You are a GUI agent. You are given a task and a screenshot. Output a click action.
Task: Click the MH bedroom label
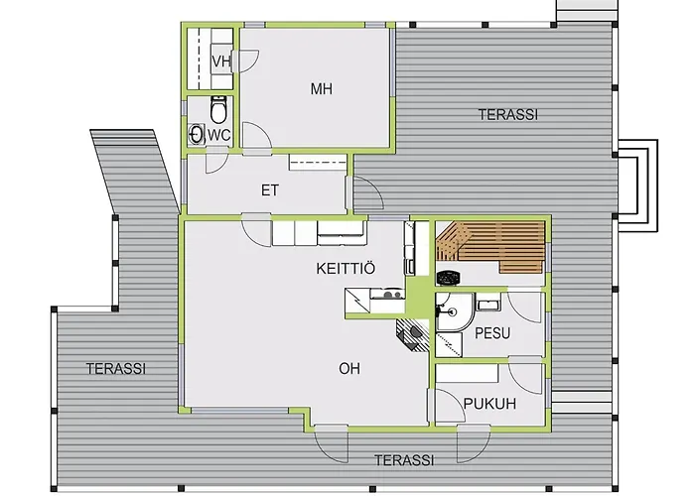pyautogui.click(x=322, y=89)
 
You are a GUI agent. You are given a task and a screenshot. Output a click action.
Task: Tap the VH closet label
pyautogui.click(x=221, y=62)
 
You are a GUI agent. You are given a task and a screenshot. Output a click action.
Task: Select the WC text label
pyautogui.click(x=219, y=135)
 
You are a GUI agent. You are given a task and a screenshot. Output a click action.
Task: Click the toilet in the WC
pyautogui.click(x=218, y=109)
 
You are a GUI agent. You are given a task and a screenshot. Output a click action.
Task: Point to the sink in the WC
pyautogui.click(x=196, y=134)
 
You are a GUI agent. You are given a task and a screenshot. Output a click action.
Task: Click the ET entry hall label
pyautogui.click(x=269, y=190)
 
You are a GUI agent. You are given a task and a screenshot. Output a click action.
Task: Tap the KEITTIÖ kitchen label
pyautogui.click(x=346, y=269)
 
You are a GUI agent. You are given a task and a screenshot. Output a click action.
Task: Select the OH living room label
pyautogui.click(x=349, y=368)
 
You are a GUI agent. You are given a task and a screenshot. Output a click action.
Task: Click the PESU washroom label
pyautogui.click(x=492, y=333)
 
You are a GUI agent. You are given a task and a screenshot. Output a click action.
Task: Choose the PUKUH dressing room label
pyautogui.click(x=489, y=404)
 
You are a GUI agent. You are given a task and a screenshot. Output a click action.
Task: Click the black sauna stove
pyautogui.click(x=449, y=278)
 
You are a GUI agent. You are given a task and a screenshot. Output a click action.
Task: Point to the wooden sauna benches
pyautogui.click(x=489, y=246)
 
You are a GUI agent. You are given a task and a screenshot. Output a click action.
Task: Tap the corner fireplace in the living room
pyautogui.click(x=413, y=334)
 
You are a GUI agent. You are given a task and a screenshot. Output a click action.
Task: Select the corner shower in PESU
pyautogui.click(x=455, y=311)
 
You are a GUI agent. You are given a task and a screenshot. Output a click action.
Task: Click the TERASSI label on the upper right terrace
pyautogui.click(x=508, y=115)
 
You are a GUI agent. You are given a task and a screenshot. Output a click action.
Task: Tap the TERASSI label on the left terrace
pyautogui.click(x=116, y=368)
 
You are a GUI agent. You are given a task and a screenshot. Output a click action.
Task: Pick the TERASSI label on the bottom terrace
pyautogui.click(x=404, y=460)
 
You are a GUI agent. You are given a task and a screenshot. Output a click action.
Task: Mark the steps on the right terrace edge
pyautogui.click(x=637, y=186)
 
